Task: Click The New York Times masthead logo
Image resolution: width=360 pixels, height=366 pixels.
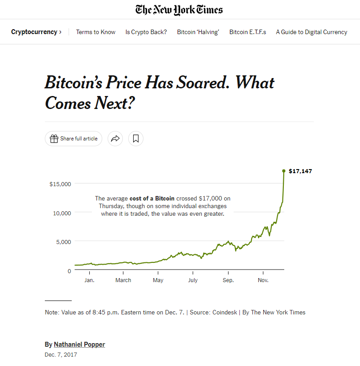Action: [x=179, y=9]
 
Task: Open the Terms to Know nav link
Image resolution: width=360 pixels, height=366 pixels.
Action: [x=95, y=32]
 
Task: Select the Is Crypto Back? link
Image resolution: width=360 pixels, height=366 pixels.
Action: [x=146, y=32]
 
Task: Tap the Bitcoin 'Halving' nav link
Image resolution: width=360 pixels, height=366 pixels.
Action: [x=198, y=32]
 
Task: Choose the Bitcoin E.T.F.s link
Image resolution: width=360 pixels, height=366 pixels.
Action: [x=247, y=32]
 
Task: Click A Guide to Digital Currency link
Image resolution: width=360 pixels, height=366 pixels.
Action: [x=311, y=32]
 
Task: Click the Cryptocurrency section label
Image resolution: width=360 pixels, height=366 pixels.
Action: [x=34, y=32]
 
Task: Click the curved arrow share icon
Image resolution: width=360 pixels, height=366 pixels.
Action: [x=115, y=139]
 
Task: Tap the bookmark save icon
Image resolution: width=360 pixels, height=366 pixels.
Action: [x=136, y=139]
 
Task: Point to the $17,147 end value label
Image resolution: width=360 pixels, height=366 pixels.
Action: [x=300, y=171]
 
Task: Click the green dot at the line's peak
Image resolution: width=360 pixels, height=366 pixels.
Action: [x=284, y=171]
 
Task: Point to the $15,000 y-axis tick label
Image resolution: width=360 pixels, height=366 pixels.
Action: [x=61, y=183]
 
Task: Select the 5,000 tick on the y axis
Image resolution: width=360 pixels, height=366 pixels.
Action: [x=63, y=242]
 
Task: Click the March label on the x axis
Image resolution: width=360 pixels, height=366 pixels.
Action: [x=123, y=280]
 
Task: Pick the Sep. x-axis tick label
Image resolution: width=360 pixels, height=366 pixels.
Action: [x=228, y=280]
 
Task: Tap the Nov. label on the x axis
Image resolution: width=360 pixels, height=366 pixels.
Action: [x=263, y=280]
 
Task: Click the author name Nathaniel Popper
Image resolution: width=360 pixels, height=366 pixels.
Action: [x=79, y=344]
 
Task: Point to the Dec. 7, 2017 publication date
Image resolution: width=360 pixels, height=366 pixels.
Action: [x=61, y=355]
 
